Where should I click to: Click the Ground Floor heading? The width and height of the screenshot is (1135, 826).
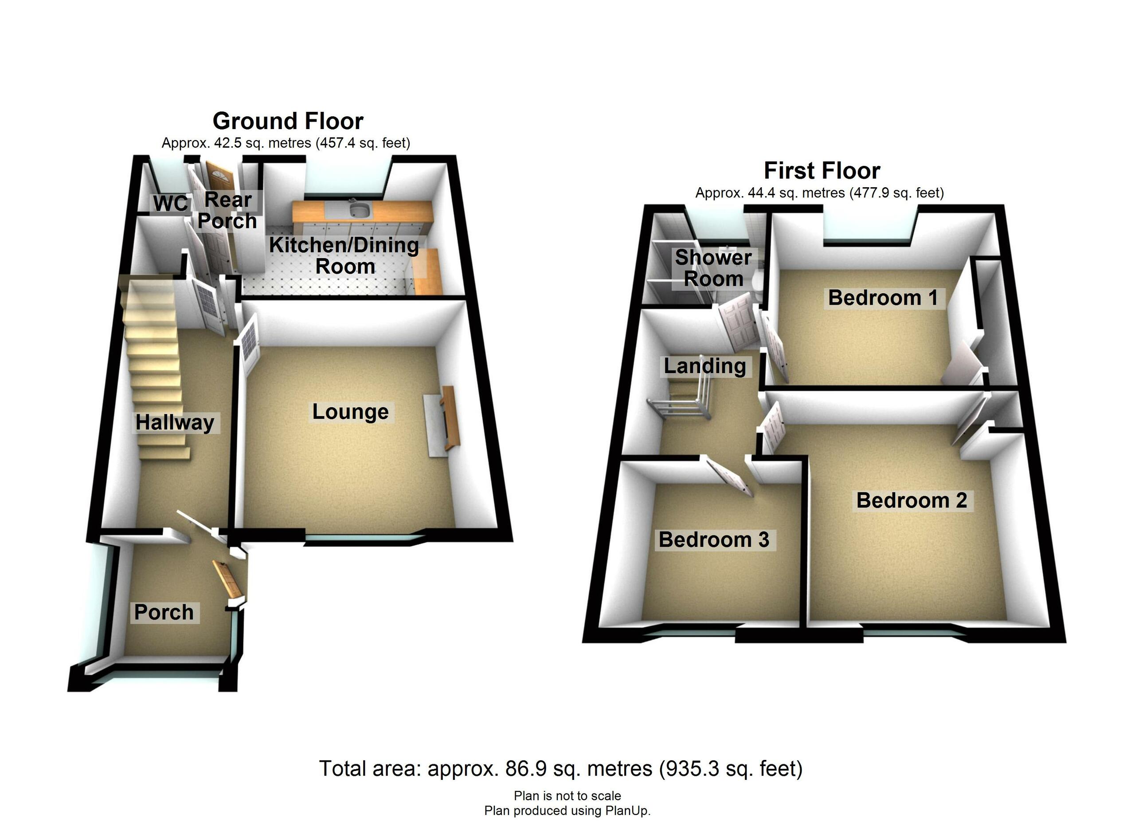coord(288,121)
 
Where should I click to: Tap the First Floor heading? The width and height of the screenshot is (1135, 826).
coord(822,171)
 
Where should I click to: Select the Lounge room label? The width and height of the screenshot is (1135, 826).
coord(350,412)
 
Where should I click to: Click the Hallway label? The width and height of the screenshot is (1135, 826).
coord(175,422)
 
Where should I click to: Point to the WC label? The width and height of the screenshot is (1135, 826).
coord(170,204)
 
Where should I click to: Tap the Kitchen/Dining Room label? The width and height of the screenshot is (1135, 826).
coord(344,256)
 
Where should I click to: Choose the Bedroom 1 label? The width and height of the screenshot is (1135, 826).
coord(883,298)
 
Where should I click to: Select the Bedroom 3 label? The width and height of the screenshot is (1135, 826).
coord(714,540)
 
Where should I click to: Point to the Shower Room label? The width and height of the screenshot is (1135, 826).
coord(713,268)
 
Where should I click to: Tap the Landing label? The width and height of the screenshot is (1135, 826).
coord(704,366)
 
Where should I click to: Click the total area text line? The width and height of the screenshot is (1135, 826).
coord(560,768)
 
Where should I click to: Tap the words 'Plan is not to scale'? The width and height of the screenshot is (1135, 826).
coord(567,796)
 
